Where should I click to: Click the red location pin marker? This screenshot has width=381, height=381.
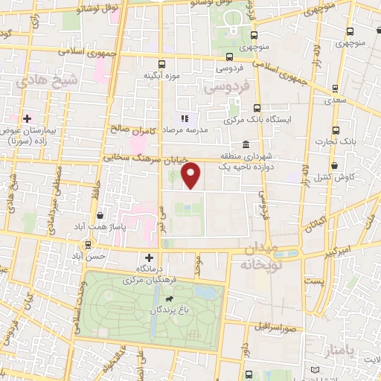pyautogui.click(x=192, y=176)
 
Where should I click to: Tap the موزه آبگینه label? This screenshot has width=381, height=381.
pyautogui.click(x=160, y=75)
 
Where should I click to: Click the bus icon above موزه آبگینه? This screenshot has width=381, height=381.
pyautogui.click(x=161, y=65)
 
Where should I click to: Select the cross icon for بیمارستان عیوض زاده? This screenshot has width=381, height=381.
pyautogui.click(x=28, y=118)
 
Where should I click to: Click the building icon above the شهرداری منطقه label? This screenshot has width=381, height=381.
pyautogui.click(x=246, y=144)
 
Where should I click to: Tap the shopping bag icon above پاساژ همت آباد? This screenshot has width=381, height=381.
pyautogui.click(x=99, y=216)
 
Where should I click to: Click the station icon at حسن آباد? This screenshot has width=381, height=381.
pyautogui.click(x=89, y=244)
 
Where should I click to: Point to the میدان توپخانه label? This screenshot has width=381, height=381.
pyautogui.click(x=260, y=255)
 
